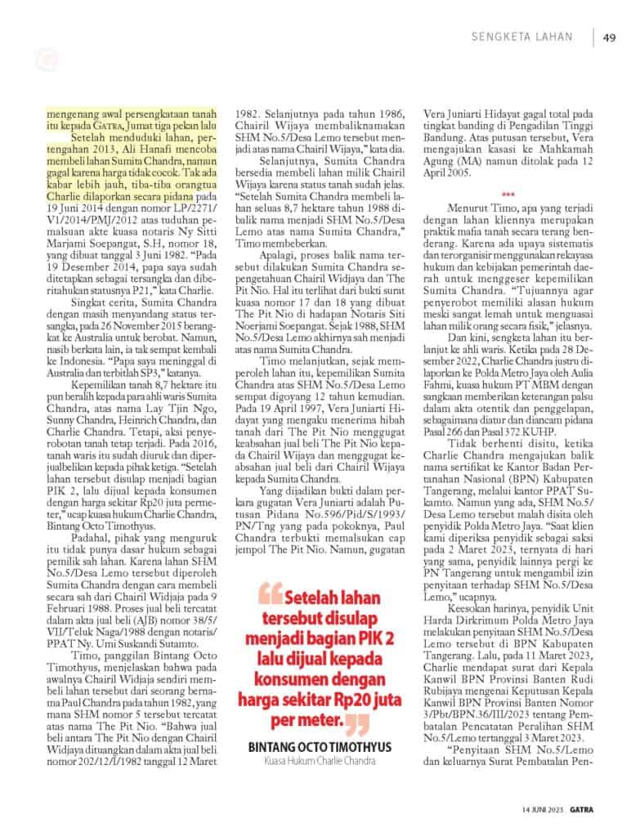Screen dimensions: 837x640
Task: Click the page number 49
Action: tap(609, 37)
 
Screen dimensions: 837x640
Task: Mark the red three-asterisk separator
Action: tap(508, 195)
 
